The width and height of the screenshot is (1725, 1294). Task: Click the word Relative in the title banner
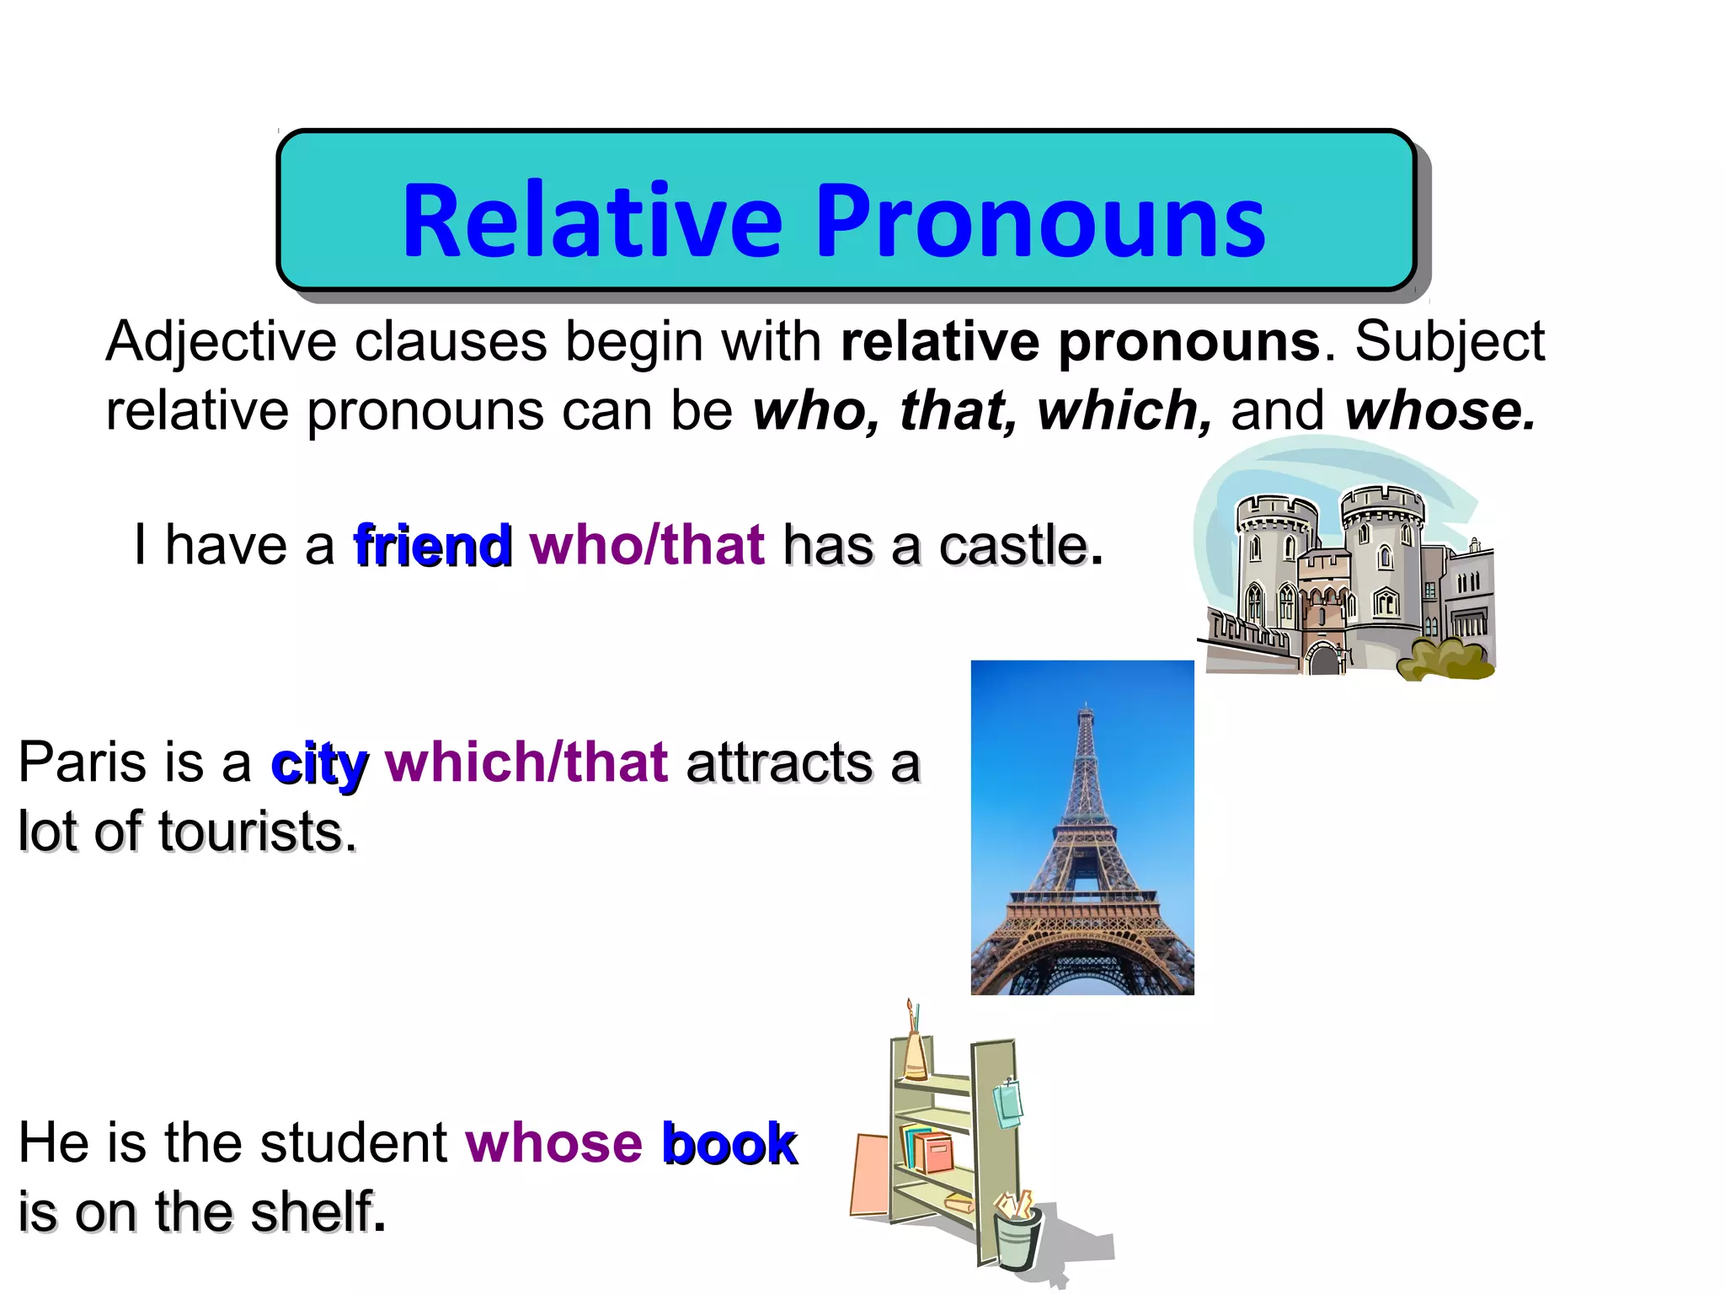[592, 221]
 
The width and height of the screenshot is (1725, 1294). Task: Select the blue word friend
[432, 545]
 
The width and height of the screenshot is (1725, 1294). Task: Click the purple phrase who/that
[647, 545]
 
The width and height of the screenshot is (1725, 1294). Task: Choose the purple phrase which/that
[526, 762]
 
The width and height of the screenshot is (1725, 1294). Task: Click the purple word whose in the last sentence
[553, 1143]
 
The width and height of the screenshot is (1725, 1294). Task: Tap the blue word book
[729, 1143]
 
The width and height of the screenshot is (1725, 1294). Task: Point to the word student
[353, 1143]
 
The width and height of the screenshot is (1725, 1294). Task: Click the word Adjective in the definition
[221, 343]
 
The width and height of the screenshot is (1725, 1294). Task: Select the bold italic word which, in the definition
[1124, 411]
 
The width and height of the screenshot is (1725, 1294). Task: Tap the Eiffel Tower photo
[1082, 827]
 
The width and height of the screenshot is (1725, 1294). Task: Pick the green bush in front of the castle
[1445, 660]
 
